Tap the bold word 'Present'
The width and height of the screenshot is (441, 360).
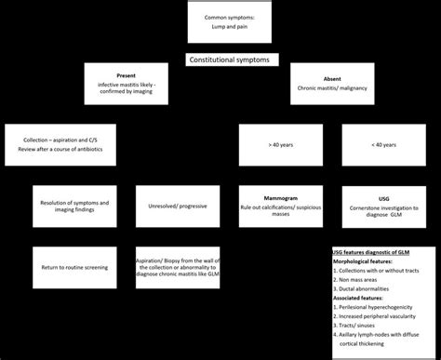127,74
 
